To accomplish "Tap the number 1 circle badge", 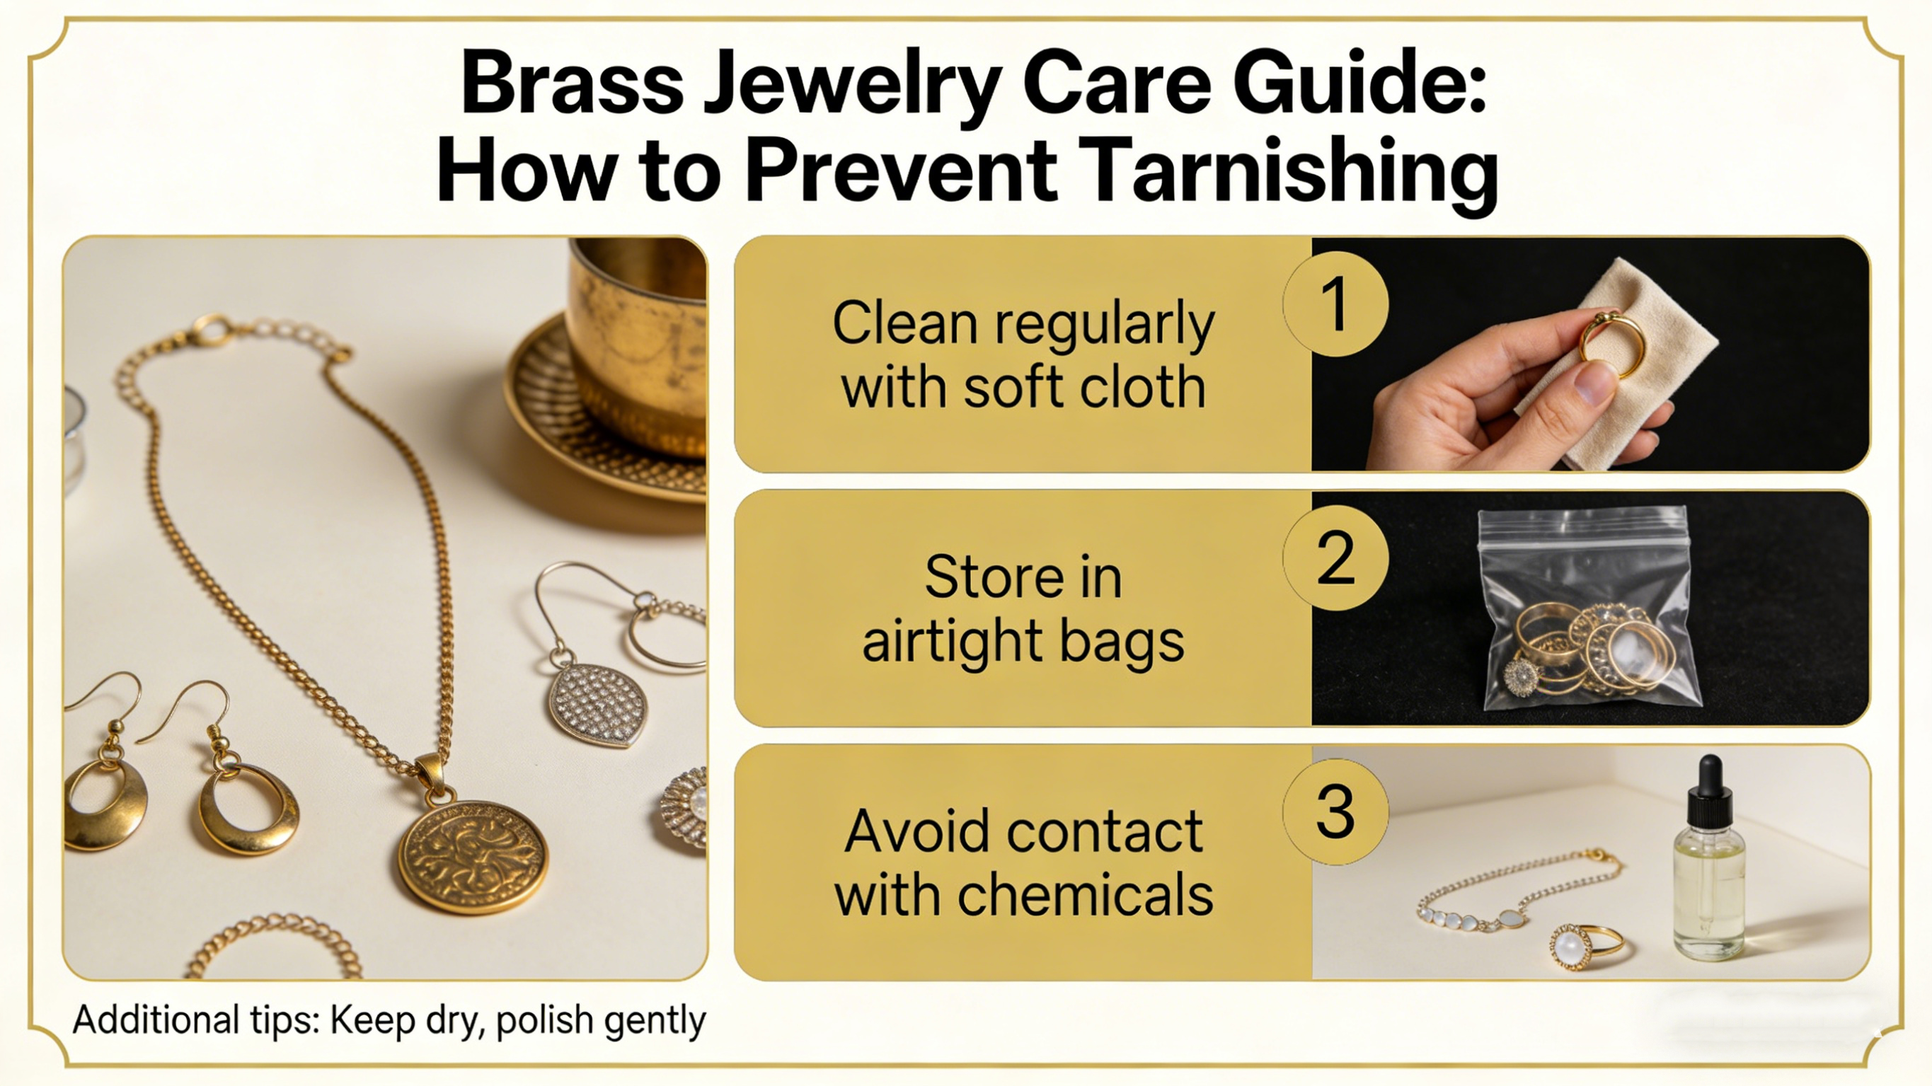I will pyautogui.click(x=1335, y=304).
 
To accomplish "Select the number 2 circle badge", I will pyautogui.click(x=1335, y=558).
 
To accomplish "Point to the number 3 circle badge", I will pyautogui.click(x=1335, y=811).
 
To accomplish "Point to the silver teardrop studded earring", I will pyautogui.click(x=598, y=703).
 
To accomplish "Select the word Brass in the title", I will pyautogui.click(x=573, y=83).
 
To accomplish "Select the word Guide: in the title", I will pyautogui.click(x=1359, y=83).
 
